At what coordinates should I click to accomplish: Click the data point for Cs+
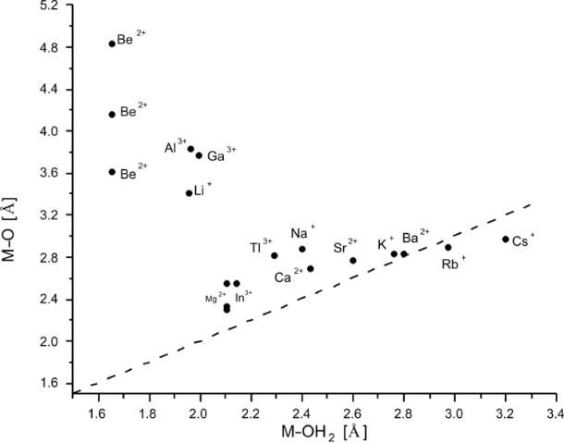[x=506, y=240]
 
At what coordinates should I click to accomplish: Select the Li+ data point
[x=189, y=193]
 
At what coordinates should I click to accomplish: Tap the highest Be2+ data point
[x=112, y=43]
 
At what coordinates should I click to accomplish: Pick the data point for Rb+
[x=448, y=247]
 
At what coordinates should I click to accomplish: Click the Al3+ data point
[x=190, y=149]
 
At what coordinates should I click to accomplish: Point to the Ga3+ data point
[x=199, y=155]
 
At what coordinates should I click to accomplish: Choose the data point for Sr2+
[x=353, y=260]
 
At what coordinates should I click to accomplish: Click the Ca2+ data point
[x=311, y=268]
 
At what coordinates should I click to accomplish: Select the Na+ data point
[x=302, y=249]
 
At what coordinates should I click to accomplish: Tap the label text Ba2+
[x=415, y=237]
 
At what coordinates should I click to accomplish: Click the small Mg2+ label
[x=215, y=298]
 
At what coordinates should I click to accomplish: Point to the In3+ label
[x=243, y=298]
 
